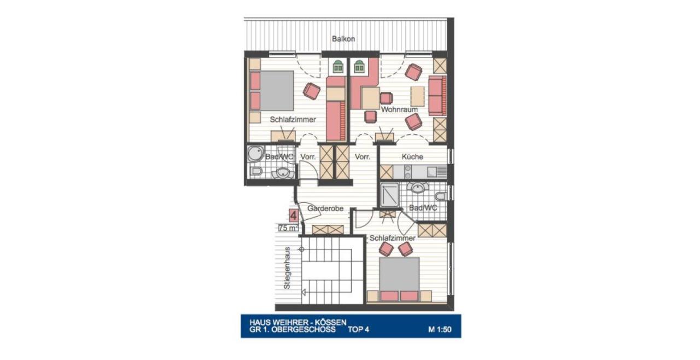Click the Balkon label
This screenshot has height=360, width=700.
(x=343, y=39)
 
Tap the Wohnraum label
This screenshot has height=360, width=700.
(x=399, y=109)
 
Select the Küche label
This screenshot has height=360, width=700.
(x=412, y=156)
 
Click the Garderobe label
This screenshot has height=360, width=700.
(x=325, y=208)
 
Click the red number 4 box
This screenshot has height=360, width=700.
(x=294, y=216)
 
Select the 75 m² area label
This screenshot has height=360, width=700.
(x=288, y=228)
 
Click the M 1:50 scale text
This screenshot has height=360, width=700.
(x=440, y=329)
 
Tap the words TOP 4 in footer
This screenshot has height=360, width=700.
(x=358, y=329)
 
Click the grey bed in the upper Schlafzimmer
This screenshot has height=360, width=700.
(x=277, y=91)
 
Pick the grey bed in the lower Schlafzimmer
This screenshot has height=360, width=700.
(x=399, y=274)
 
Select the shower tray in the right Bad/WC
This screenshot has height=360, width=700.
(x=390, y=195)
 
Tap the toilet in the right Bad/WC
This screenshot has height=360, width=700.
(x=440, y=196)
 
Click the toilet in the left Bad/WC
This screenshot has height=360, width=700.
(x=256, y=171)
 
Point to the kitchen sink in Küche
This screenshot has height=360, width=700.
(x=433, y=172)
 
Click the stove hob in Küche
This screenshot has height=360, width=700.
(x=408, y=172)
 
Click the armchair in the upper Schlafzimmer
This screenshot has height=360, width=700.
(x=312, y=91)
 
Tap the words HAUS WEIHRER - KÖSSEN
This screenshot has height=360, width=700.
(x=298, y=322)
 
